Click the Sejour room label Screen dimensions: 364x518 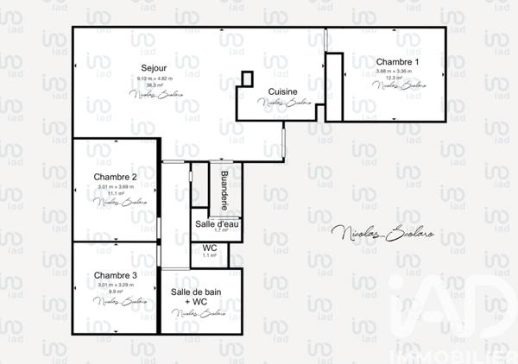point(155,68)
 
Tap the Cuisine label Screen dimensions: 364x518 point(283,91)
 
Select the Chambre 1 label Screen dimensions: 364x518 point(397,62)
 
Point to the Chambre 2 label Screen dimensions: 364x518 point(116,177)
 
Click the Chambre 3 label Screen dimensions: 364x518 point(116,275)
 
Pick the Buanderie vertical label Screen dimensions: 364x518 point(224,191)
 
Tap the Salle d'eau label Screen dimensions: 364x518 point(216,223)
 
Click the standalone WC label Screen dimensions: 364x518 point(209,248)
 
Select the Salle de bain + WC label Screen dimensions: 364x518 point(195,297)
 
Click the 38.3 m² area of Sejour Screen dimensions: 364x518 point(155,85)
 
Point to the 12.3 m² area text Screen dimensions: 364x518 point(397,78)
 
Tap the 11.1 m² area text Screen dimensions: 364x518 point(116,193)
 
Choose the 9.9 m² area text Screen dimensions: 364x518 point(116,292)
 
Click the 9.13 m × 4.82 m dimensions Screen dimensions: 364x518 point(155,78)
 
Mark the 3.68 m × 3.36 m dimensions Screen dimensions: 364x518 point(397,72)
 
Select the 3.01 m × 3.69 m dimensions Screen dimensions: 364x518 point(116,186)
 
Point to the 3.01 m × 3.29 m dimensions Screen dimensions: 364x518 point(116,285)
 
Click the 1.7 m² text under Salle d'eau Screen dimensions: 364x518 point(220,231)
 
